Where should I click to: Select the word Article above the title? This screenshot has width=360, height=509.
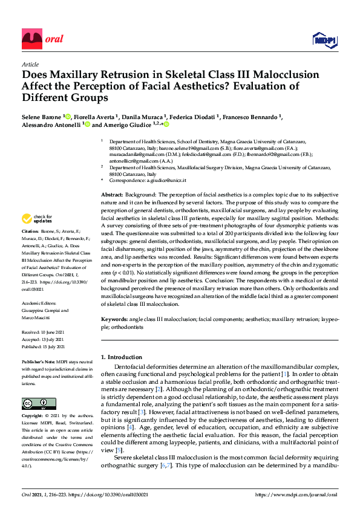tap(30, 64)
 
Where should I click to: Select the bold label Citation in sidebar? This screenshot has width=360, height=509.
tap(30, 232)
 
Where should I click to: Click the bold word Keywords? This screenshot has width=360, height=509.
tap(114, 319)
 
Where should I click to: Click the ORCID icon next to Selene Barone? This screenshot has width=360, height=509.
tap(68, 116)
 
